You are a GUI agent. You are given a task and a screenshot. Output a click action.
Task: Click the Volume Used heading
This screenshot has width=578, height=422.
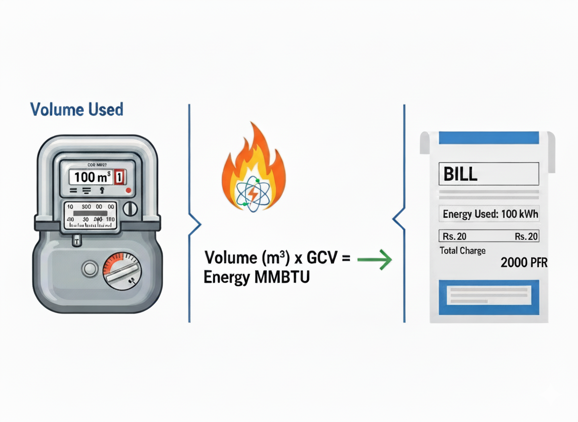(x=77, y=109)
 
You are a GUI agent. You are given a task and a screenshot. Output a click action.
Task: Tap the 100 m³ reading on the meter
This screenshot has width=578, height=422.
(x=92, y=177)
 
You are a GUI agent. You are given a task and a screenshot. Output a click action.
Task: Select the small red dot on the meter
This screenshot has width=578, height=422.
(x=128, y=190)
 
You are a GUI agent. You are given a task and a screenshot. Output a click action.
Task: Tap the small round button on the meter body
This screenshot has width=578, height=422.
(x=90, y=269)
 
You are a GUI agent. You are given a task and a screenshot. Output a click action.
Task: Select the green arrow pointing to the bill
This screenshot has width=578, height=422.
(x=374, y=260)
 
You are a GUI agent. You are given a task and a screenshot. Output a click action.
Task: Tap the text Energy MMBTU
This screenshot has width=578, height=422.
(x=256, y=277)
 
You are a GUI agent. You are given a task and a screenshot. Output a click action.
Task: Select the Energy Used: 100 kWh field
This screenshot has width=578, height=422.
(x=489, y=214)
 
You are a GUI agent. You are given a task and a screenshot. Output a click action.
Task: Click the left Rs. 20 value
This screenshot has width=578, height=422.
(x=454, y=236)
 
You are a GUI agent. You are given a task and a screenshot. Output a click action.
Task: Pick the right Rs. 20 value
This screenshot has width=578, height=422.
(x=526, y=236)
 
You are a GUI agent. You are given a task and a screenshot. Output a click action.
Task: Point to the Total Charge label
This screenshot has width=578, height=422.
(x=462, y=251)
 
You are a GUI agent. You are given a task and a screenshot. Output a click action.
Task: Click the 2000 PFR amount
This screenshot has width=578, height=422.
(x=524, y=263)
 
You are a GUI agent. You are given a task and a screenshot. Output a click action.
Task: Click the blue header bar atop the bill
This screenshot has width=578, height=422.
(x=489, y=138)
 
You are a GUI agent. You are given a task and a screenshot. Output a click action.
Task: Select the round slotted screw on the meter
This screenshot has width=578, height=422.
(x=130, y=209)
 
